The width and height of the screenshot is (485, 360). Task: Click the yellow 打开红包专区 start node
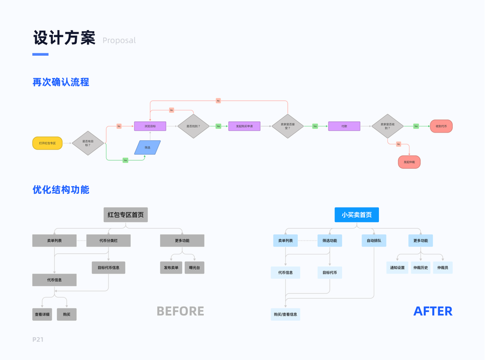point(47,143)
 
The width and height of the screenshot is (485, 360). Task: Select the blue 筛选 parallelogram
point(147,148)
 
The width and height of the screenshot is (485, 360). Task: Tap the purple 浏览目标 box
point(150,127)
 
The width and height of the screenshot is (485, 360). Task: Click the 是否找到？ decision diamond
point(194,127)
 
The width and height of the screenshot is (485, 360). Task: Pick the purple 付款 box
point(344,127)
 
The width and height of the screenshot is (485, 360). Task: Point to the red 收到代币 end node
point(441,127)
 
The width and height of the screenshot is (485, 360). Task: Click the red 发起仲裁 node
point(409,162)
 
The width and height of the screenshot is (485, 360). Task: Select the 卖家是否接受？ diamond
point(288,127)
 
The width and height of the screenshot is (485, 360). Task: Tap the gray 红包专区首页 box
point(125,215)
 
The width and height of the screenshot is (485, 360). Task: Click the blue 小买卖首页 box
point(357,215)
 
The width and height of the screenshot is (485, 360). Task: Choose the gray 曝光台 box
point(195,268)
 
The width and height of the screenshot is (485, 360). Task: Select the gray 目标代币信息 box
point(109,268)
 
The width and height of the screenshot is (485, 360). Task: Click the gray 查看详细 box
point(43,314)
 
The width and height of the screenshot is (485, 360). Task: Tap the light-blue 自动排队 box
point(373,241)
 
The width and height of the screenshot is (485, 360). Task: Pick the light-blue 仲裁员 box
point(442,268)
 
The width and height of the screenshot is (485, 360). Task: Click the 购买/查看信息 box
point(285,314)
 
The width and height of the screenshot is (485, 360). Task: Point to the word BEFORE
point(180,311)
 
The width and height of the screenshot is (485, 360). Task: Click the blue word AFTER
point(433,311)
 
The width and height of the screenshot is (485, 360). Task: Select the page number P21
point(38,340)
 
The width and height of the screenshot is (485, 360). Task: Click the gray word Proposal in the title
point(119,41)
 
